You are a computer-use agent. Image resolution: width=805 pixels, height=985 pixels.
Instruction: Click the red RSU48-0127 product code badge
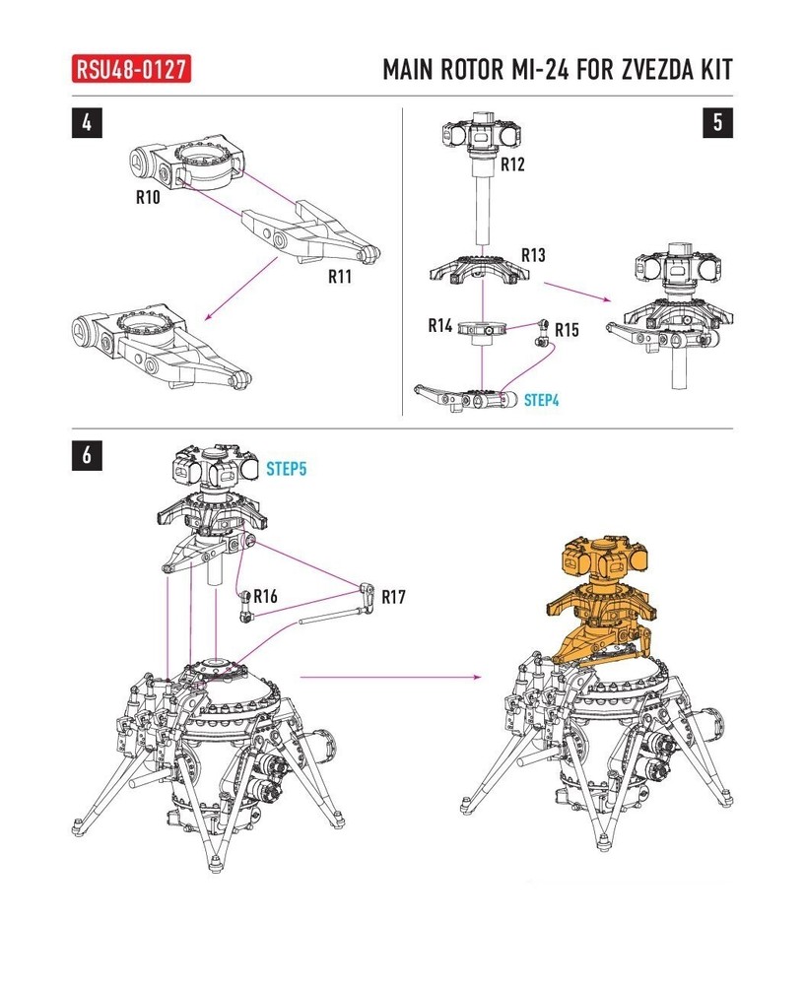(131, 71)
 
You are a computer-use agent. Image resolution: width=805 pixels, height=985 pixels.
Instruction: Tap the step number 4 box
(89, 123)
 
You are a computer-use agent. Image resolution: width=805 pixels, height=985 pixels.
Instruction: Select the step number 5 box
(716, 123)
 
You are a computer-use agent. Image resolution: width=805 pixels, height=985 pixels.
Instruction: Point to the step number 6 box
(89, 455)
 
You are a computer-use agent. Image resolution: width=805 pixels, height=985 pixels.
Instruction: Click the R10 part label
(150, 196)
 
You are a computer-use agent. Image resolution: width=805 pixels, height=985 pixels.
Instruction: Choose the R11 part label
(341, 277)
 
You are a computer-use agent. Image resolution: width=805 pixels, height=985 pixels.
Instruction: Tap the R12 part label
(512, 164)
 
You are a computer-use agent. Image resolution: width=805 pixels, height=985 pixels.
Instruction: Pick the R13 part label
(533, 255)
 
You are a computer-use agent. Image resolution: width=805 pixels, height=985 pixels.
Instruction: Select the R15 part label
(567, 329)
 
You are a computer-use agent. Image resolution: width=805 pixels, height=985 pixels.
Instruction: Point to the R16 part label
(265, 596)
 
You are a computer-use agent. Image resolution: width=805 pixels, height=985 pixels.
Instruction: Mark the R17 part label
(393, 597)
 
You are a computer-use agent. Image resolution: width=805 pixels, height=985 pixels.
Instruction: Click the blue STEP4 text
(542, 401)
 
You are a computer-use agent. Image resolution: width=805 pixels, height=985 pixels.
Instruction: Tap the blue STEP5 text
(286, 469)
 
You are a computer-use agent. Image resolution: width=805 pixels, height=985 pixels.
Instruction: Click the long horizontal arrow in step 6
(389, 677)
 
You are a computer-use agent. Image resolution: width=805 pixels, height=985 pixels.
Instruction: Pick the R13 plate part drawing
(483, 271)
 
